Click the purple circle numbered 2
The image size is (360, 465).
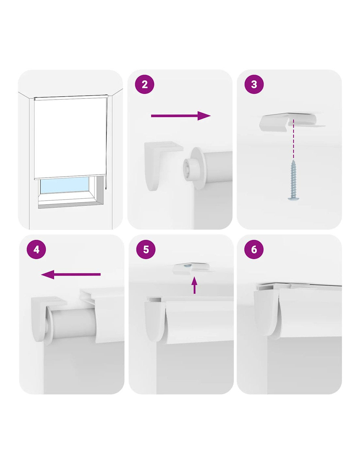(x=145, y=84)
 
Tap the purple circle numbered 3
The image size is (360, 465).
(x=254, y=84)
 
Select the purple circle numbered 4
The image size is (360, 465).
(x=36, y=250)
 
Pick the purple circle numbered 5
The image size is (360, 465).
(x=146, y=250)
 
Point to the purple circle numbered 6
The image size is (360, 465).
(x=254, y=250)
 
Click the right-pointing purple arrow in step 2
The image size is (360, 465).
(x=181, y=116)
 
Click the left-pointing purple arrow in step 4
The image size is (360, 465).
(x=71, y=274)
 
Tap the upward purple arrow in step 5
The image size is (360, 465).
(x=194, y=285)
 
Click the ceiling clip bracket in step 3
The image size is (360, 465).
(x=292, y=122)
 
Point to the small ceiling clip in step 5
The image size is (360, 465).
(x=191, y=268)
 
